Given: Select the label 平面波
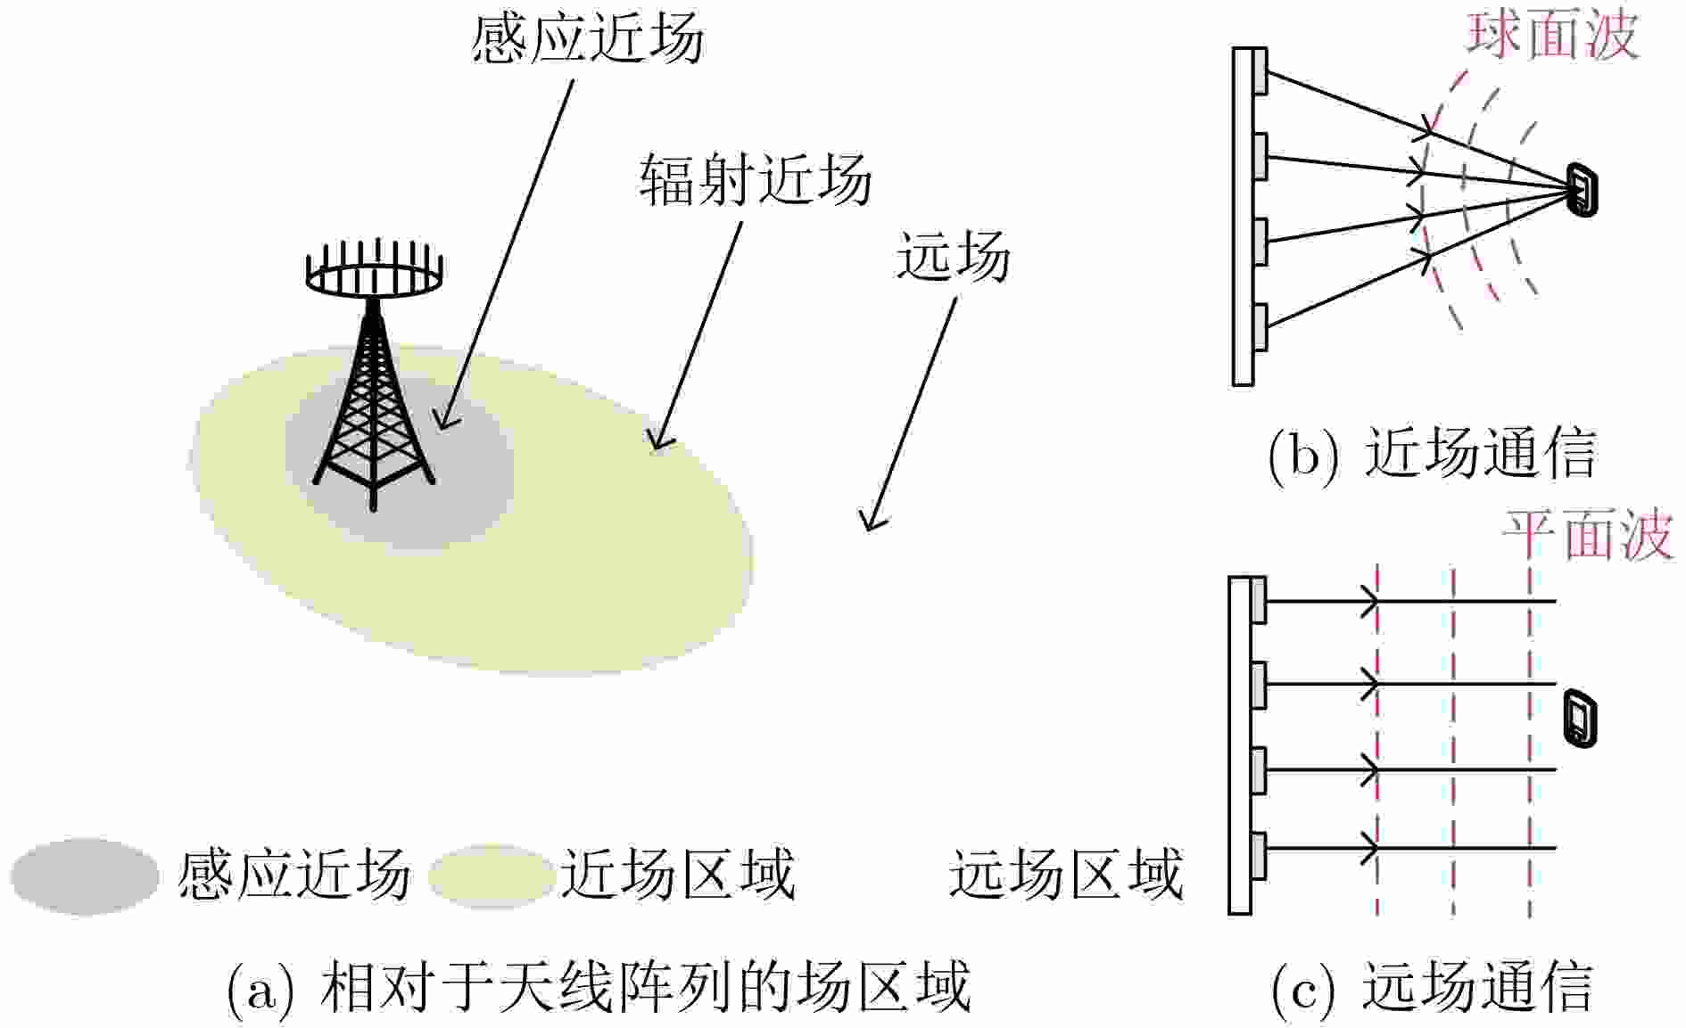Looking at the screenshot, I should click(x=1588, y=536).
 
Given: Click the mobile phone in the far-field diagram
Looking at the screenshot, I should click(x=1580, y=718).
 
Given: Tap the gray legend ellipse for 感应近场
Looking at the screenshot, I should click(x=85, y=876).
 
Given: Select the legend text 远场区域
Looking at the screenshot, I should click(x=1066, y=874).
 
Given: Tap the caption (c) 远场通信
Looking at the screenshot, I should click(x=1432, y=988).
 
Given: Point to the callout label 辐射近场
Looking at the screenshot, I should click(x=755, y=178).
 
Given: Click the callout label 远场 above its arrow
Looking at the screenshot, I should click(x=953, y=256).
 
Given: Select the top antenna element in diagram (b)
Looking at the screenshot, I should click(x=1259, y=71).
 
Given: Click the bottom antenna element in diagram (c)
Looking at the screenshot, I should click(x=1258, y=854).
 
